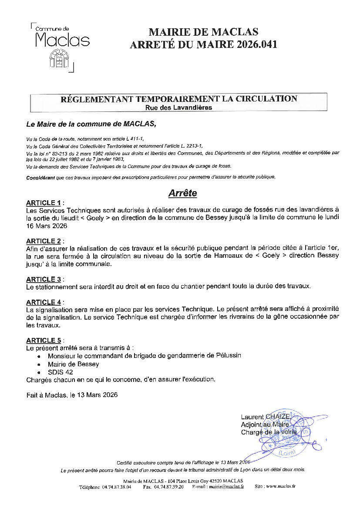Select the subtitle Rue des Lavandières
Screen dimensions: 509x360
point(179,108)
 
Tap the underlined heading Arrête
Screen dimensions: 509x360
point(182,192)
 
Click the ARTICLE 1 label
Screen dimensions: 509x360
point(44,203)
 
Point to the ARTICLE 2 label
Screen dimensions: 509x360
point(44,241)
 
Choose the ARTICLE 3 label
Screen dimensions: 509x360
point(44,279)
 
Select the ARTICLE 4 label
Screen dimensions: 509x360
point(44,302)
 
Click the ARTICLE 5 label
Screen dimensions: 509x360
point(44,340)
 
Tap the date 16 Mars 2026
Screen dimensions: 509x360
point(47,226)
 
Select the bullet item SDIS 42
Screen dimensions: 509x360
point(61,372)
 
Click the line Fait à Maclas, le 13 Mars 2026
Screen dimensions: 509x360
point(72,395)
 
